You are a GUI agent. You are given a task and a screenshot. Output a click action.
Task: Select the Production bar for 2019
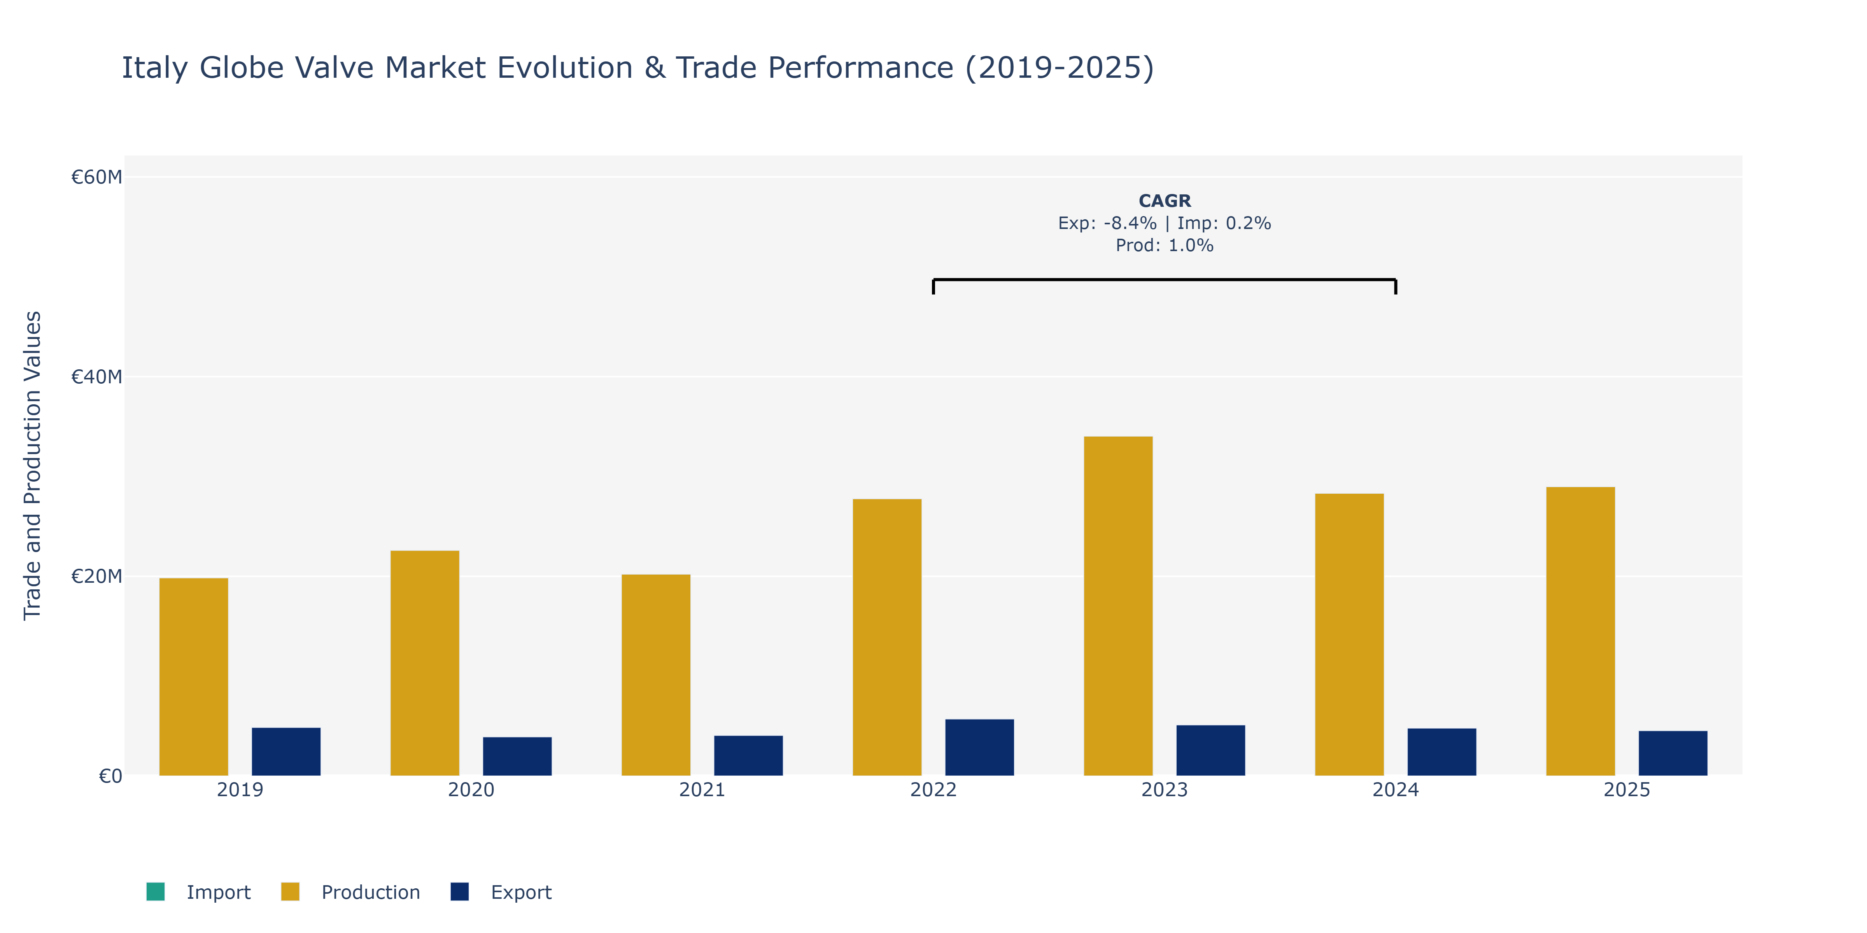(194, 676)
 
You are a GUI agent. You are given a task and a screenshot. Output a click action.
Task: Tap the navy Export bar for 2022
(979, 748)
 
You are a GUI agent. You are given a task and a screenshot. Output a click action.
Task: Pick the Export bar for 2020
(517, 756)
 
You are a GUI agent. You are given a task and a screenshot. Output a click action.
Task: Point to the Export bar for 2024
(1441, 752)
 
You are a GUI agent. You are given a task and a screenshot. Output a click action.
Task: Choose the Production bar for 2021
(656, 675)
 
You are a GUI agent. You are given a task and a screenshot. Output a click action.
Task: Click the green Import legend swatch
(155, 892)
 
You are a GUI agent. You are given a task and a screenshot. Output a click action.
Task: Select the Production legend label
(370, 893)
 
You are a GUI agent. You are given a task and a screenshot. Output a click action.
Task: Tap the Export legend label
(521, 893)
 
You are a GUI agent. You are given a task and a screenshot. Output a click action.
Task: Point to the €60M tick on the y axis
(96, 177)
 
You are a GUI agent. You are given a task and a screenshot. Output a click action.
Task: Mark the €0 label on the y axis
(110, 776)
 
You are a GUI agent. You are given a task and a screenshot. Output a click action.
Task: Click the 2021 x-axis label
(702, 790)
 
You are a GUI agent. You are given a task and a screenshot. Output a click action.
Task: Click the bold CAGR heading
(1165, 201)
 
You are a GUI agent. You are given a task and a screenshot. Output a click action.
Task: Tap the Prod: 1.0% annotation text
(1165, 246)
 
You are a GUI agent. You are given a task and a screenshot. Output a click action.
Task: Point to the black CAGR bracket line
(1165, 280)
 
